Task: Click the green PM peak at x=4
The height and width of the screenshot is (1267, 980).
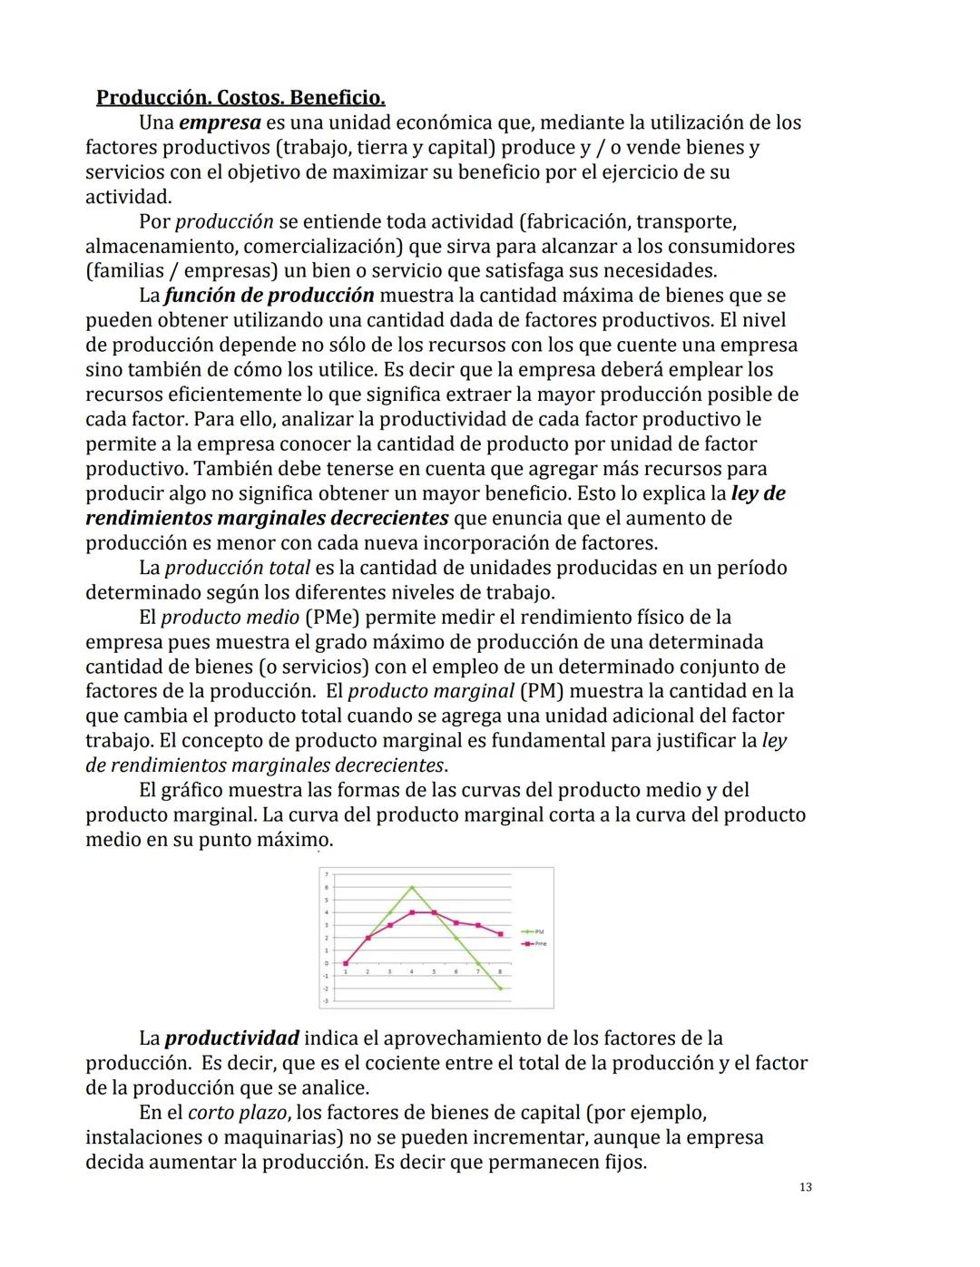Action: click(x=412, y=887)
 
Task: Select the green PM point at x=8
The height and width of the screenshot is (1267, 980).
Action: click(x=500, y=989)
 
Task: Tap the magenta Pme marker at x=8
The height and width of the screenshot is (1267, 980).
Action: click(x=500, y=934)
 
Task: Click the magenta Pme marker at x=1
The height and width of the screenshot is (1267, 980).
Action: click(x=346, y=963)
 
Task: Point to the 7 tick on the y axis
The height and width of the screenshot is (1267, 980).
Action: click(x=327, y=875)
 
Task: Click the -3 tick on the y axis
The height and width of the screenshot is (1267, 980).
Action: click(x=327, y=999)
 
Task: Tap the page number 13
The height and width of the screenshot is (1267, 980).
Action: click(x=806, y=1187)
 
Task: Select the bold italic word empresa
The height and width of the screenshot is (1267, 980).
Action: click(x=220, y=122)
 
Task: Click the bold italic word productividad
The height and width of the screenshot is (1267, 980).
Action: click(x=231, y=1038)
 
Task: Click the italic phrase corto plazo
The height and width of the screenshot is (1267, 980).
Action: click(x=238, y=1113)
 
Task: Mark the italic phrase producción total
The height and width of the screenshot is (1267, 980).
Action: click(x=237, y=569)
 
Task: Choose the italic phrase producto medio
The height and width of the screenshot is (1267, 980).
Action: click(x=230, y=618)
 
